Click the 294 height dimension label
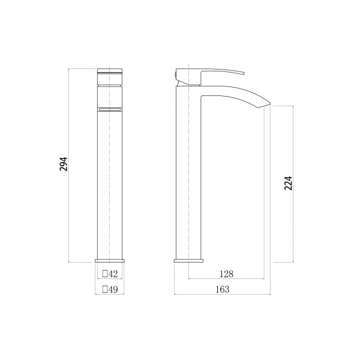(x=64, y=164)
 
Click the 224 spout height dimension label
(x=289, y=183)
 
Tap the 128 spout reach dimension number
(x=226, y=274)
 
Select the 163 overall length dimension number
(x=222, y=289)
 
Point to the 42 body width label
(x=113, y=274)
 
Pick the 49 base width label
(x=113, y=290)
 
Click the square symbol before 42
(x=105, y=274)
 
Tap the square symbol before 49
(x=105, y=289)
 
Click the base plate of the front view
(x=110, y=261)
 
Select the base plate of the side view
(x=189, y=261)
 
